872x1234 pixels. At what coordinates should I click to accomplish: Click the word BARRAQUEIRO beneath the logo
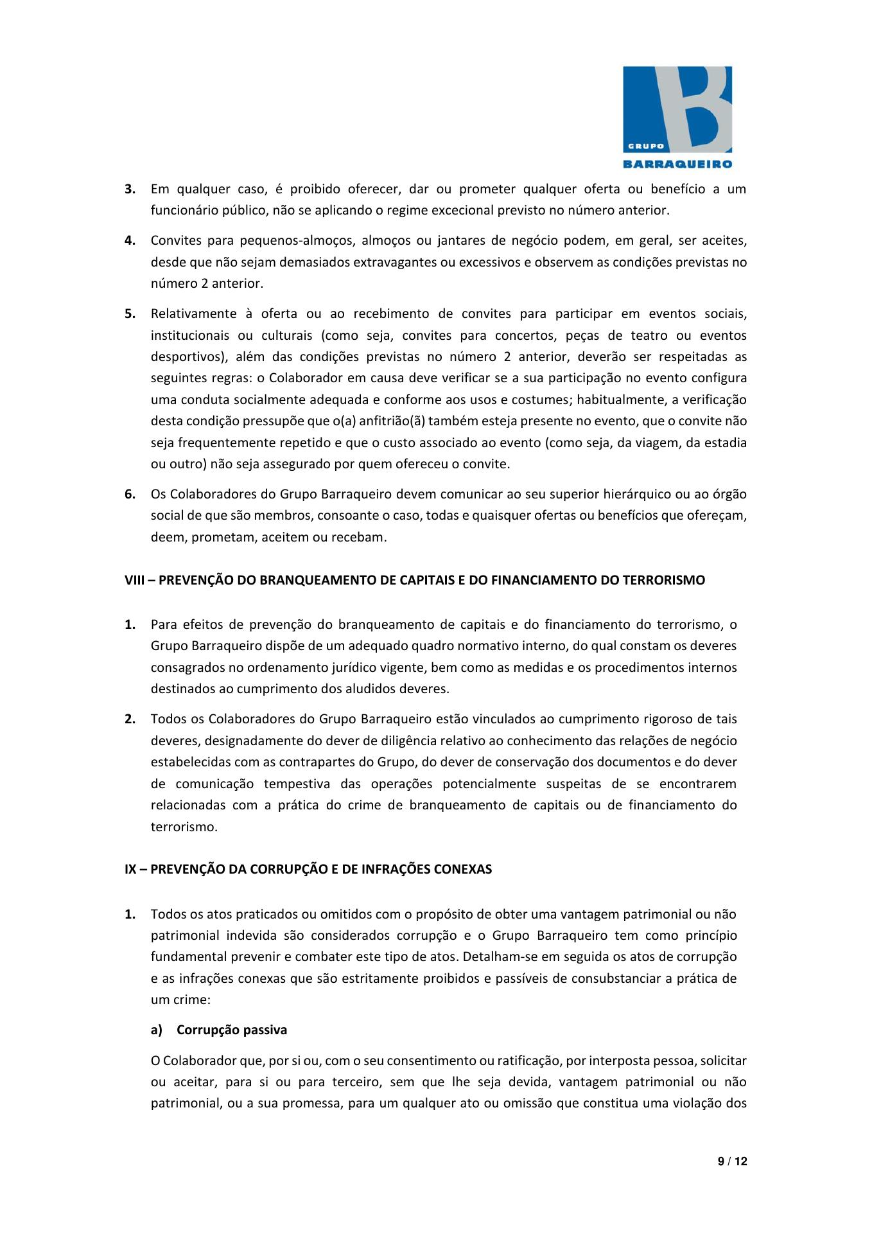pyautogui.click(x=677, y=164)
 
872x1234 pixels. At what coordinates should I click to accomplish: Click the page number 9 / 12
pyautogui.click(x=732, y=1161)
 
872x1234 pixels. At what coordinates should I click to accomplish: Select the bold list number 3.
pyautogui.click(x=130, y=189)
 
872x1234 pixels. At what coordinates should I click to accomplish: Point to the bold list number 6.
pyautogui.click(x=130, y=494)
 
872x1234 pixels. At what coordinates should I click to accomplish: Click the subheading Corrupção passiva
pyautogui.click(x=232, y=1030)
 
